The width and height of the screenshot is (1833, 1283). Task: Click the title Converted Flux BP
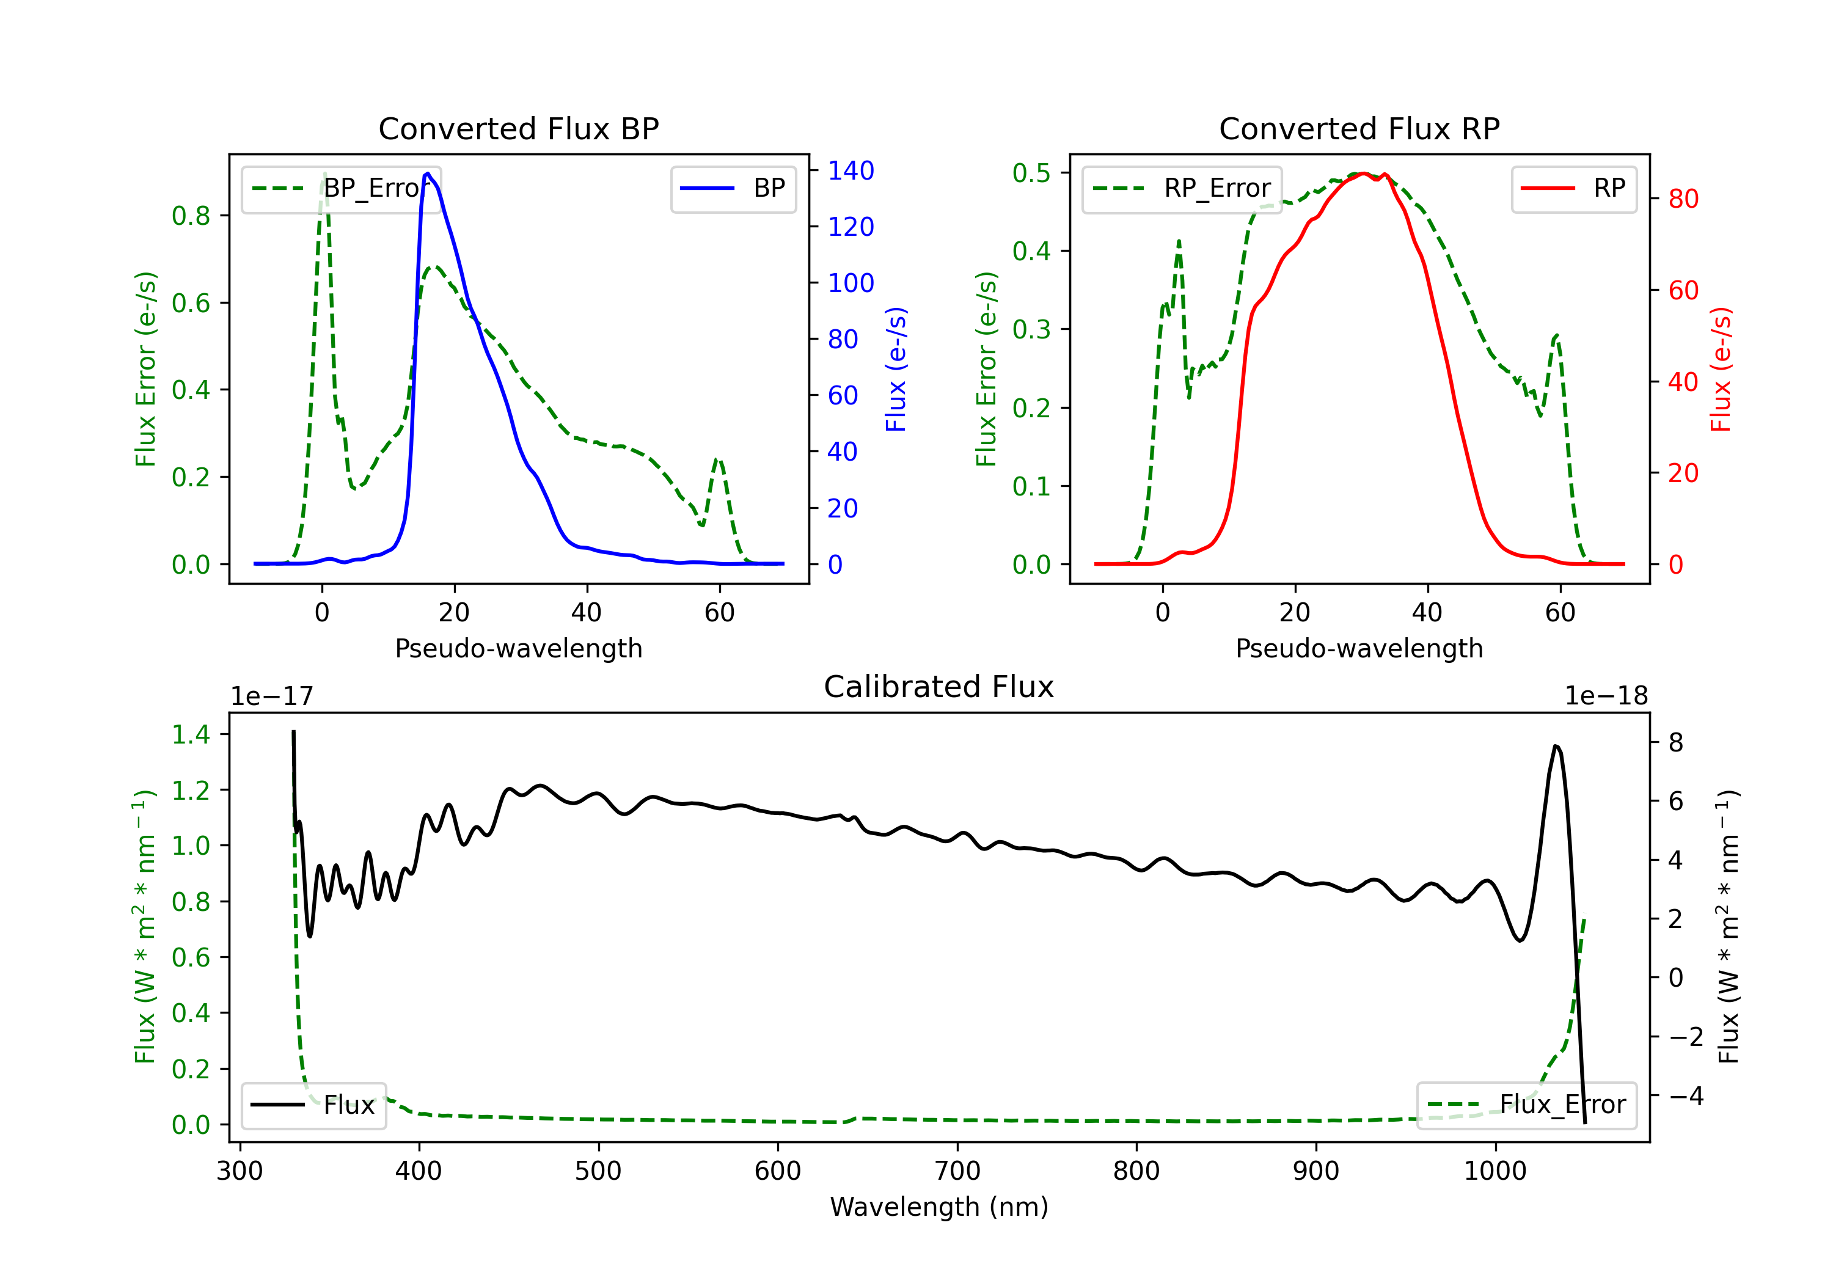pyautogui.click(x=518, y=128)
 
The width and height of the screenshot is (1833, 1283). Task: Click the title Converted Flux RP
pyautogui.click(x=1359, y=128)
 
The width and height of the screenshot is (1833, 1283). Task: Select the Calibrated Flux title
pyautogui.click(x=939, y=687)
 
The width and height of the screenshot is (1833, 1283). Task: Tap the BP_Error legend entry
pyautogui.click(x=342, y=188)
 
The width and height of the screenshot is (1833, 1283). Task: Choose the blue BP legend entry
pyautogui.click(x=733, y=188)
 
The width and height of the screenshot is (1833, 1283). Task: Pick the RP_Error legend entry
pyautogui.click(x=1182, y=188)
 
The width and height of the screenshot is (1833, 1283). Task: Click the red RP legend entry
pyautogui.click(x=1573, y=188)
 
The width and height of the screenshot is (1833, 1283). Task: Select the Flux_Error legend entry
pyautogui.click(x=1526, y=1105)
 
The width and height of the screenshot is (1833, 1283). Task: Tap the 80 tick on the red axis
pyautogui.click(x=1684, y=199)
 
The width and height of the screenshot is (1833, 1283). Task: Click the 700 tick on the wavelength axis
pyautogui.click(x=957, y=1171)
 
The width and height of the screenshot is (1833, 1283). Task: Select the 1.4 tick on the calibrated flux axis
pyautogui.click(x=191, y=734)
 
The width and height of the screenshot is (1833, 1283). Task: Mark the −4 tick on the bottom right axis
pyautogui.click(x=1685, y=1095)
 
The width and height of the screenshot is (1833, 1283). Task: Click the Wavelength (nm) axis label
pyautogui.click(x=939, y=1207)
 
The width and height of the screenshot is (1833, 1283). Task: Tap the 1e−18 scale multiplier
pyautogui.click(x=1606, y=696)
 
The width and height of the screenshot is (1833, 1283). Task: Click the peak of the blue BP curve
pyautogui.click(x=428, y=174)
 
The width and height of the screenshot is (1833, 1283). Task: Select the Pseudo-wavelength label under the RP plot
pyautogui.click(x=1359, y=648)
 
